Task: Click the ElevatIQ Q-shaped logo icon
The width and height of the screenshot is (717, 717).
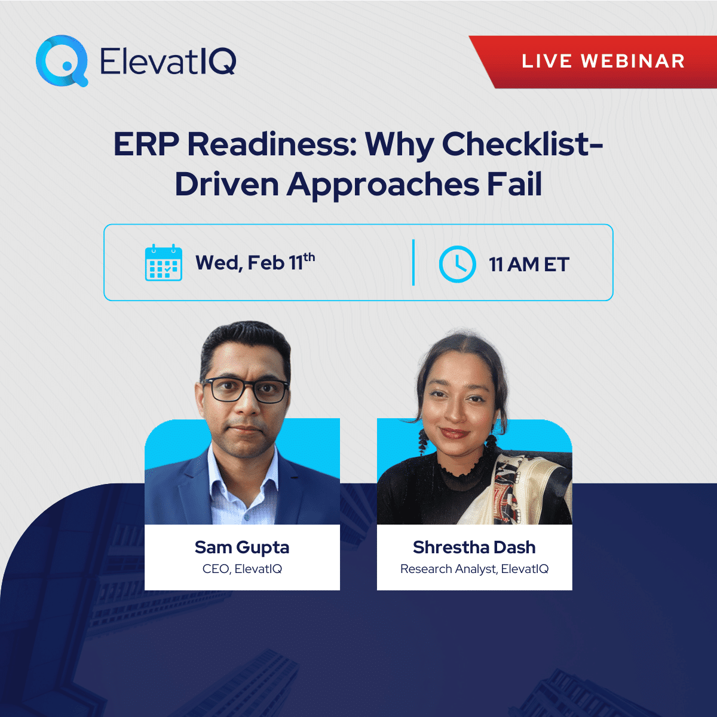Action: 62,60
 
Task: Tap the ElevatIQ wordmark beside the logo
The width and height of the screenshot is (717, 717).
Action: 168,60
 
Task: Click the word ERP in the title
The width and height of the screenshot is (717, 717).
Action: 146,144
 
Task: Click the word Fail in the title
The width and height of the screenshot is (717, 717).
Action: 514,184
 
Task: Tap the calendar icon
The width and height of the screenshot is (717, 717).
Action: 164,262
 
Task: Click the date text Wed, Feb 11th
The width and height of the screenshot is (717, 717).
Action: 255,262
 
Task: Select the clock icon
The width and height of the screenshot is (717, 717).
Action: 457,263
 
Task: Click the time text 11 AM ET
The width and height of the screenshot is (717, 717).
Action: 529,264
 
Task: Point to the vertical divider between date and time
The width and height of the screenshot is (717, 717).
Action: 413,262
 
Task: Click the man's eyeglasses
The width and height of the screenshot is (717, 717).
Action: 246,390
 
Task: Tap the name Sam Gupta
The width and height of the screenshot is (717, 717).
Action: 242,547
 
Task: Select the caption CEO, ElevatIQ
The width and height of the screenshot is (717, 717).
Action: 242,569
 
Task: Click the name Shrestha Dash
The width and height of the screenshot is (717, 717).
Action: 474,547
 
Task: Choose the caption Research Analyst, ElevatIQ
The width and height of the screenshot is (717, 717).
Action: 474,569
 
